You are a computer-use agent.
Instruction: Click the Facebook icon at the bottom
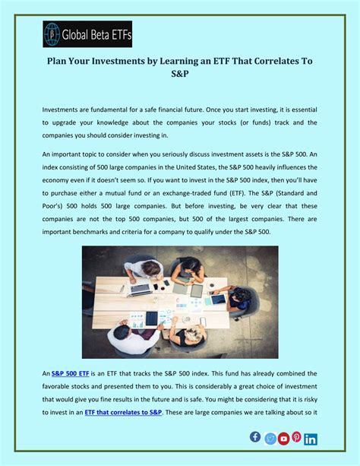[x=255, y=436]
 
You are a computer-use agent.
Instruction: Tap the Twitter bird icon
[x=270, y=439]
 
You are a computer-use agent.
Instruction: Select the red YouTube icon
[x=283, y=439]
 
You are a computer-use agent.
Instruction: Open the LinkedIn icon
[x=311, y=439]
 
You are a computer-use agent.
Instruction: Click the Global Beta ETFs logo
[x=87, y=34]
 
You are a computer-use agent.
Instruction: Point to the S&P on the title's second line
[x=179, y=76]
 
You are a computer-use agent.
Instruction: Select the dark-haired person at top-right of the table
[x=190, y=267]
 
